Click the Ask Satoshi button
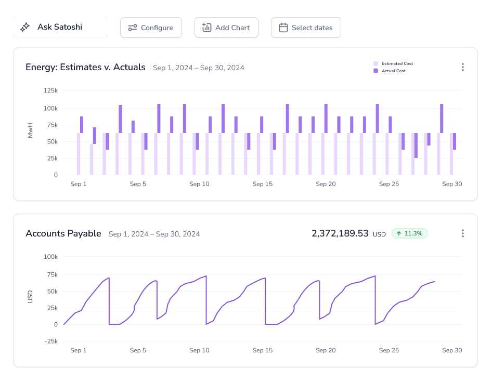[x=60, y=27]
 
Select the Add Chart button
[x=226, y=28]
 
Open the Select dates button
[x=306, y=28]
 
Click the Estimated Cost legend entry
[x=393, y=63]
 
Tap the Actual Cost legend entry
[x=390, y=71]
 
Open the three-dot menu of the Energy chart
[x=463, y=67]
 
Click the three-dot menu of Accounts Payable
[x=463, y=233]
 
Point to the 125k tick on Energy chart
[x=51, y=90]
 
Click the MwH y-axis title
[x=30, y=130]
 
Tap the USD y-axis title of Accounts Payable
[x=30, y=297]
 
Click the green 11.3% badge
[x=410, y=233]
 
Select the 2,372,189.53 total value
[x=340, y=233]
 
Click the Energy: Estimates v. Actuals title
[x=85, y=67]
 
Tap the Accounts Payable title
[x=63, y=233]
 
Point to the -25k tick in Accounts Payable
[x=51, y=341]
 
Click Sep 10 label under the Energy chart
[x=199, y=184]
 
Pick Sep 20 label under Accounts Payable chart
[x=326, y=350]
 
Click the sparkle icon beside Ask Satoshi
[x=25, y=27]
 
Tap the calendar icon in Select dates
[x=283, y=28]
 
